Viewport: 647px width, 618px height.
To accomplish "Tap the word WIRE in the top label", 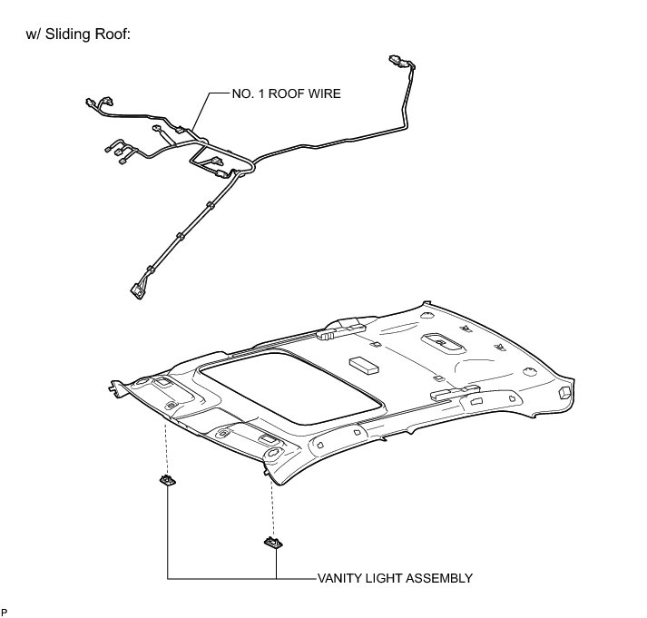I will coord(323,93).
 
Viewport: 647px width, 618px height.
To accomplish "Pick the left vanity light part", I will coord(166,480).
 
